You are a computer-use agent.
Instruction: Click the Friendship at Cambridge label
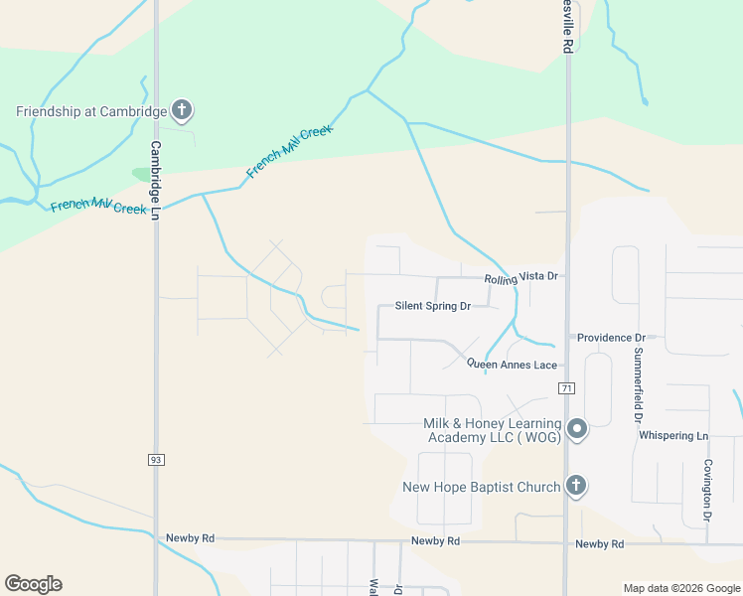tap(90, 111)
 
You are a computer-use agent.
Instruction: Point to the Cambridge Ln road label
tap(155, 179)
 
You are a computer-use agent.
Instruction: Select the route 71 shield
tap(566, 387)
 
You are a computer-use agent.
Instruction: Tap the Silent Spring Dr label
tap(432, 307)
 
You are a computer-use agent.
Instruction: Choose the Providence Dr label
tap(611, 338)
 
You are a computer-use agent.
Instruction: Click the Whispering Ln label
tap(673, 435)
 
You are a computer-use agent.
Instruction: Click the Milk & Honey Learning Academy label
tap(493, 430)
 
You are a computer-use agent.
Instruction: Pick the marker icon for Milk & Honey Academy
tap(577, 430)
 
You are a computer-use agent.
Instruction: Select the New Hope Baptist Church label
tap(482, 487)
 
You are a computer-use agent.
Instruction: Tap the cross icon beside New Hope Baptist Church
tap(575, 486)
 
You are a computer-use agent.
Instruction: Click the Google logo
tap(33, 584)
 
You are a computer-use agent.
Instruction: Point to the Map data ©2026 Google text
tap(681, 588)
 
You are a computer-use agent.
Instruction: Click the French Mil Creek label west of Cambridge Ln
tap(98, 206)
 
